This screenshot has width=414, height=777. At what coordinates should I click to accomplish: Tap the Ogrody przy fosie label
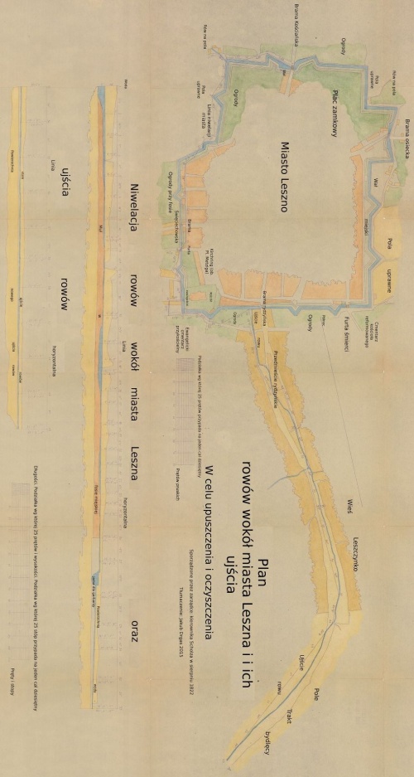tap(169, 188)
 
